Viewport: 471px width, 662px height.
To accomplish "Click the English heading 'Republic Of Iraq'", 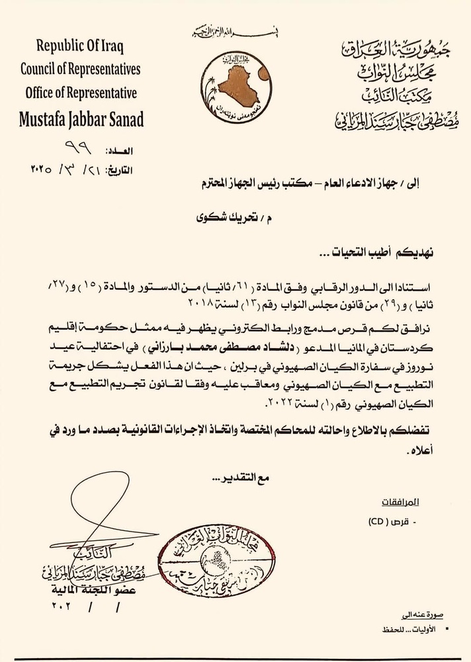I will pyautogui.click(x=81, y=46).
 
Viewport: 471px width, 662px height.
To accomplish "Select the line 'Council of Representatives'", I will pyautogui.click(x=81, y=69).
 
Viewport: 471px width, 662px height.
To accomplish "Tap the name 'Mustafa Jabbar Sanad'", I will pyautogui.click(x=81, y=120).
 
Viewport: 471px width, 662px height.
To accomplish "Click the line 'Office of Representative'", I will pyautogui.click(x=81, y=93).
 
